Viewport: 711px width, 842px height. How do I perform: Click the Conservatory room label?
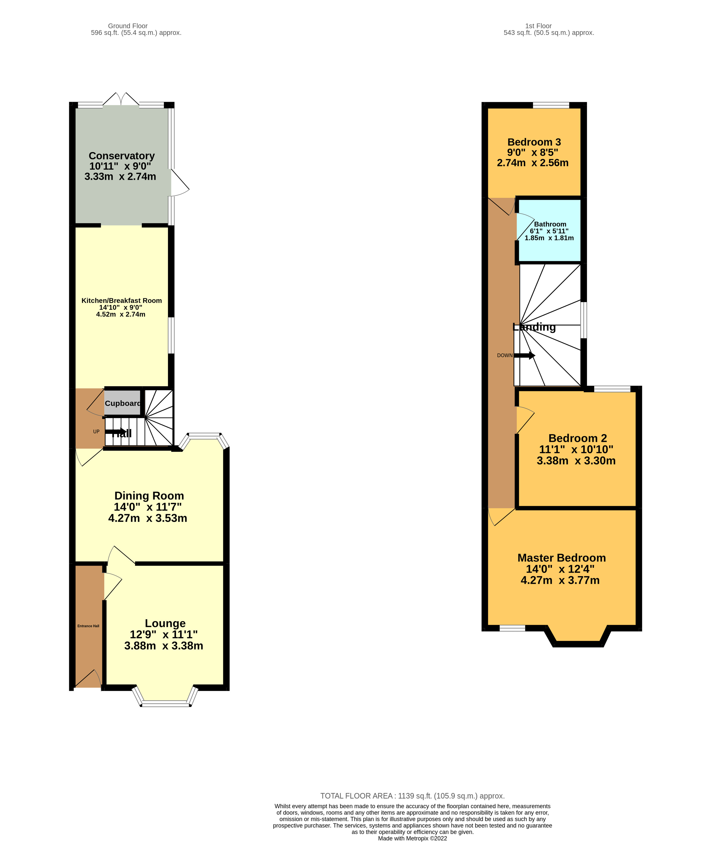click(121, 156)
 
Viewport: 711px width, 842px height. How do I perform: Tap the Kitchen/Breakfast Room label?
click(121, 301)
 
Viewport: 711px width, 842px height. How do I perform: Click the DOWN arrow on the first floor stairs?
click(524, 355)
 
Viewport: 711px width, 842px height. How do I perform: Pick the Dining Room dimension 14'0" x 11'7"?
click(148, 507)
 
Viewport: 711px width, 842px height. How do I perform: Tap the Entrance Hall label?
click(88, 626)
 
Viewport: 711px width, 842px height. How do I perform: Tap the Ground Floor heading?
click(128, 26)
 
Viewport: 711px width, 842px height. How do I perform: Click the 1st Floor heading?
click(538, 26)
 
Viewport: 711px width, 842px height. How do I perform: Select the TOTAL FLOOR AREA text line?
click(412, 796)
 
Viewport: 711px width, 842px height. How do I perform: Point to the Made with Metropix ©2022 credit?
click(412, 838)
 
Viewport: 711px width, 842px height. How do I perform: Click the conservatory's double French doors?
click(121, 100)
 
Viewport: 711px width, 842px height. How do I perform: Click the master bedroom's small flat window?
click(512, 628)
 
